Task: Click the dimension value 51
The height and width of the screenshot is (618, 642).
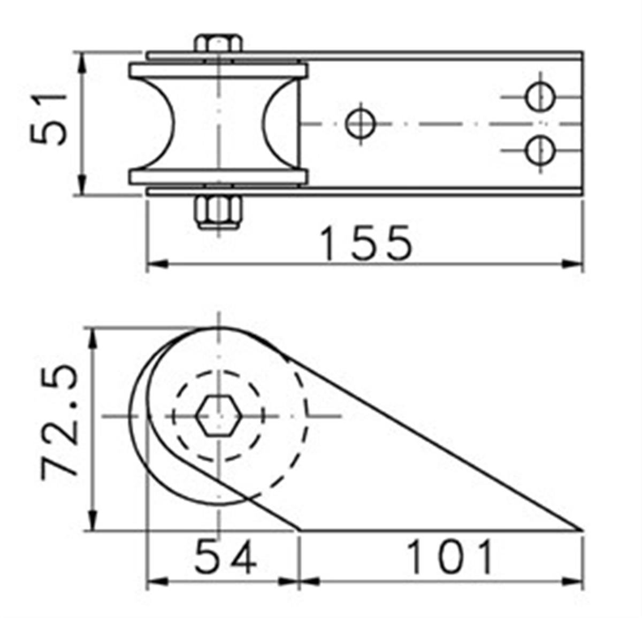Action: [49, 119]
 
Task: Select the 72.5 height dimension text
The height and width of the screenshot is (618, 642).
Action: [60, 421]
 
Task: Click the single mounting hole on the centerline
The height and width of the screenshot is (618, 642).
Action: [361, 123]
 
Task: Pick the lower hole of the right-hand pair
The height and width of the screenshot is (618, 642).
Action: [540, 150]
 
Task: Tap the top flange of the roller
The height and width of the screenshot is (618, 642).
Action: [218, 71]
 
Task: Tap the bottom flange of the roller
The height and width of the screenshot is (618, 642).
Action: [218, 177]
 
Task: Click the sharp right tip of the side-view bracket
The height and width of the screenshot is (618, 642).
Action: [581, 530]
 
